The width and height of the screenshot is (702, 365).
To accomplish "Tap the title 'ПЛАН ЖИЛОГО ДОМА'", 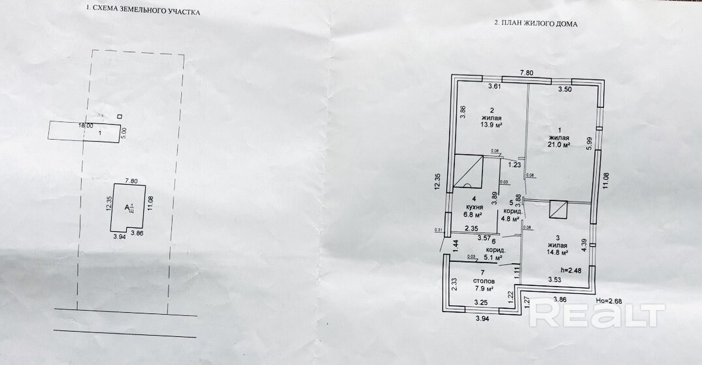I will tap(535, 23).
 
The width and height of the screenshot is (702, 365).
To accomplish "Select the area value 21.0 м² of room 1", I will tap(560, 146).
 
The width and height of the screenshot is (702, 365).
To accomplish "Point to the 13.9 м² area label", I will tap(491, 124).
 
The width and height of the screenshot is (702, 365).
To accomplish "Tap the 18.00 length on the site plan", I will tap(86, 125).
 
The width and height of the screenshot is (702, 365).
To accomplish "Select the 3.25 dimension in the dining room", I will tap(480, 302).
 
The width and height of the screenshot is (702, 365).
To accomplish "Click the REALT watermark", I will tap(596, 313).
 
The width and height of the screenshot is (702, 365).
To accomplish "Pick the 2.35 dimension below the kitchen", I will tap(471, 229).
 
